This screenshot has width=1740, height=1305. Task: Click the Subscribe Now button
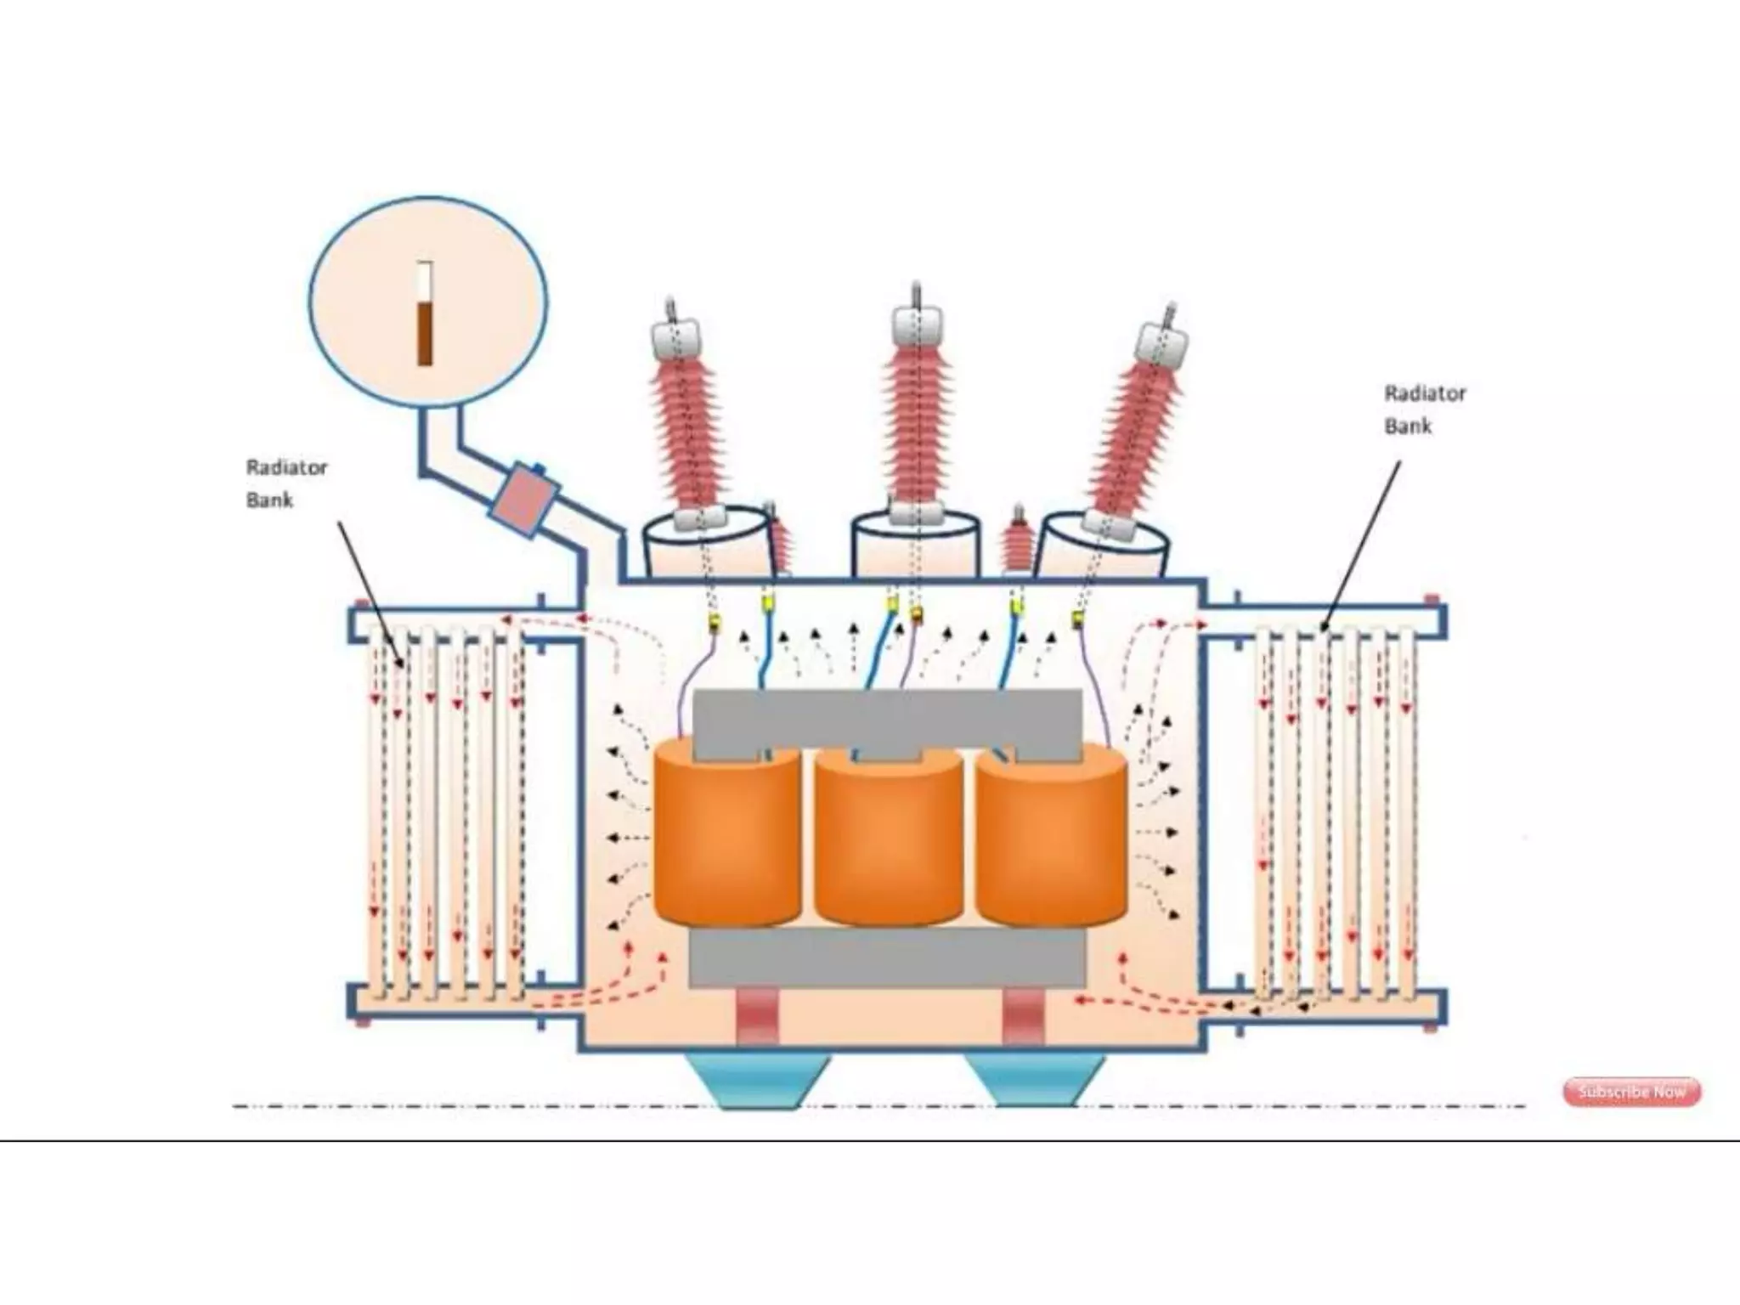coord(1631,1092)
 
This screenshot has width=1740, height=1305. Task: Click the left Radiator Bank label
coord(286,483)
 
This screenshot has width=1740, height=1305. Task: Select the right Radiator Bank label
coord(1425,410)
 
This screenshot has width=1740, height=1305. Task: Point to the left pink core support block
coord(756,1016)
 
